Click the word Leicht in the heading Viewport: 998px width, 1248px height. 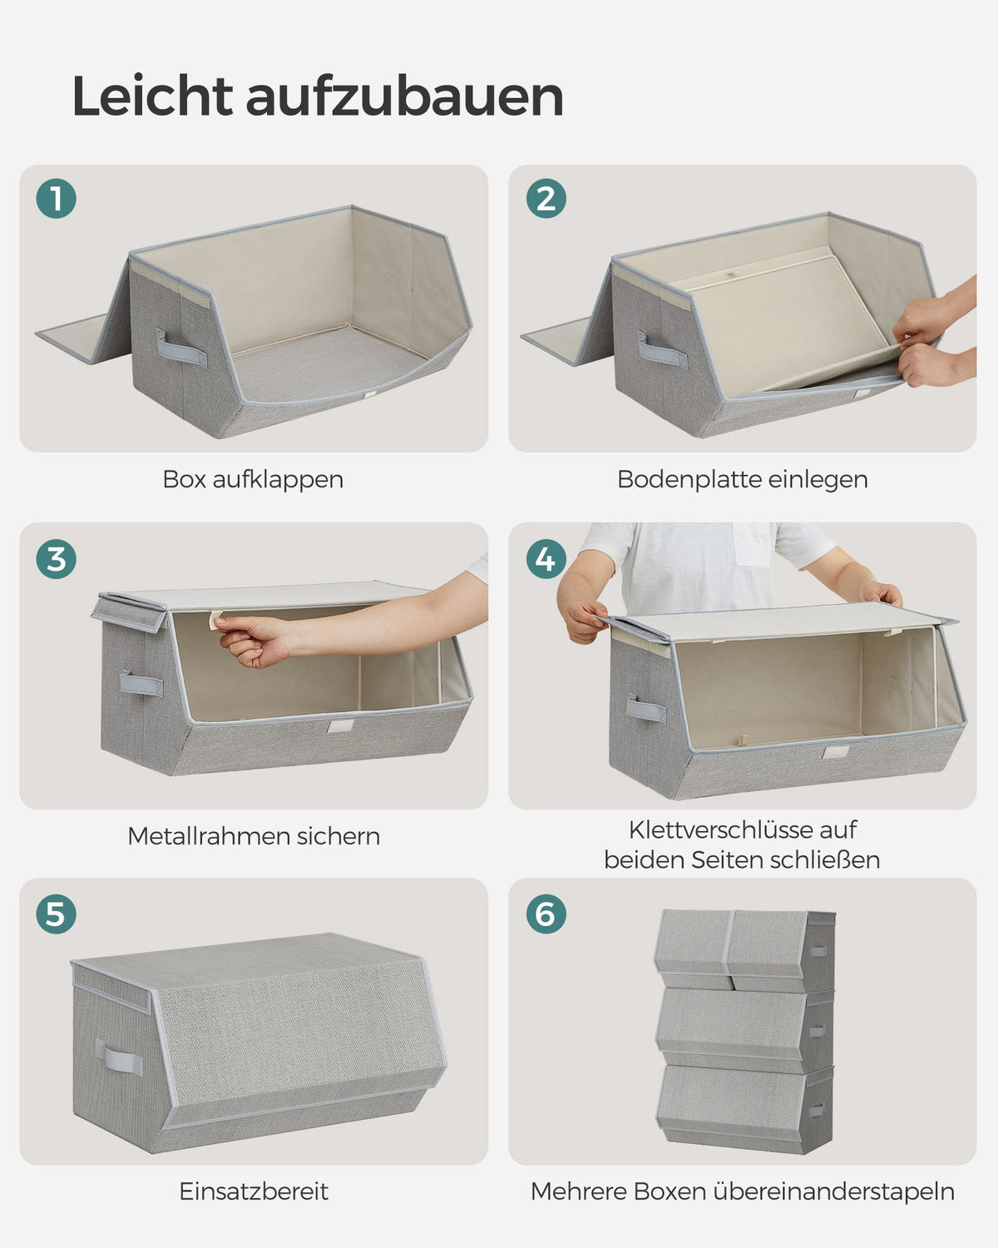tap(152, 96)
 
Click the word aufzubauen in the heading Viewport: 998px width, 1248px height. tap(405, 96)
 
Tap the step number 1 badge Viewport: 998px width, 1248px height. tap(57, 198)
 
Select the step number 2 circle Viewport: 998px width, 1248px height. tap(546, 198)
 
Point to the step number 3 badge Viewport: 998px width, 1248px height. tap(57, 559)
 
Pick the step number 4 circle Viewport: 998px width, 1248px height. tap(546, 559)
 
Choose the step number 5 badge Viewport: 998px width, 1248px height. tap(57, 914)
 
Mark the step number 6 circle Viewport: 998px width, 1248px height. tap(546, 914)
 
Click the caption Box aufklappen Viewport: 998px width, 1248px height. tap(253, 480)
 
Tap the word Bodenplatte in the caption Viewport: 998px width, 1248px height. tap(689, 480)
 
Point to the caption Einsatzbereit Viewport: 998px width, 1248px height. tap(254, 1191)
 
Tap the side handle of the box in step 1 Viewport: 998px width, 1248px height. tap(181, 349)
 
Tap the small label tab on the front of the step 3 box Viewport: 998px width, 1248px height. tap(340, 726)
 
